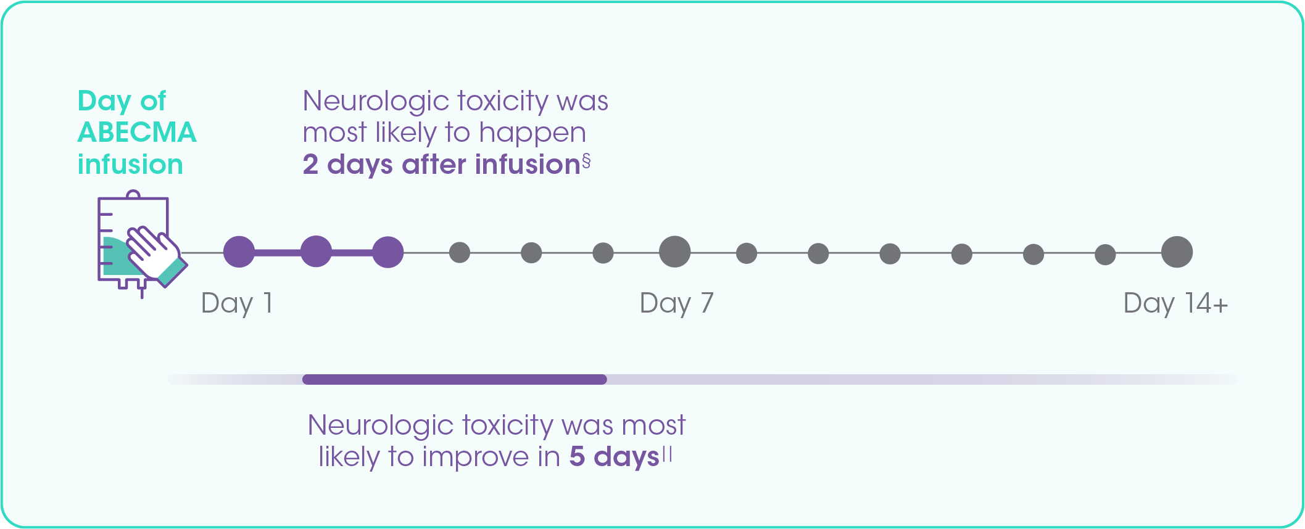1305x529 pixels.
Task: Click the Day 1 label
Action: (x=237, y=304)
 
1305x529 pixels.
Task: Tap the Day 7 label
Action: (x=676, y=304)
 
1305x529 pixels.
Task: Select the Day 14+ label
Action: (x=1176, y=304)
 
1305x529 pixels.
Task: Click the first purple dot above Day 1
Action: (x=239, y=252)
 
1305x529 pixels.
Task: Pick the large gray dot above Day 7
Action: (x=675, y=252)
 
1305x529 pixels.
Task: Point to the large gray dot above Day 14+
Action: (x=1177, y=252)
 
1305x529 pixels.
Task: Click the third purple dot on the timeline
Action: (x=388, y=252)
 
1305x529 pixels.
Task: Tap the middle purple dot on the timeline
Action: (x=316, y=252)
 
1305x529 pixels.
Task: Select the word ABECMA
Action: (x=137, y=133)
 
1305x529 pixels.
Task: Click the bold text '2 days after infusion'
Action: (x=442, y=165)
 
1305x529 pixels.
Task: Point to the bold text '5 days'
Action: (x=615, y=457)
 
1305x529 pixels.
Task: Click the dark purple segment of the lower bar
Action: (x=455, y=379)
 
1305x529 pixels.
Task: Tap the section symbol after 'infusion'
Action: (x=586, y=162)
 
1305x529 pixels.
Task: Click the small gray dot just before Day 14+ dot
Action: (x=1105, y=253)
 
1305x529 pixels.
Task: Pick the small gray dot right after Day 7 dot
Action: (x=747, y=253)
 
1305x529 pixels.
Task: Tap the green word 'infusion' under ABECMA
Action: (x=130, y=165)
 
